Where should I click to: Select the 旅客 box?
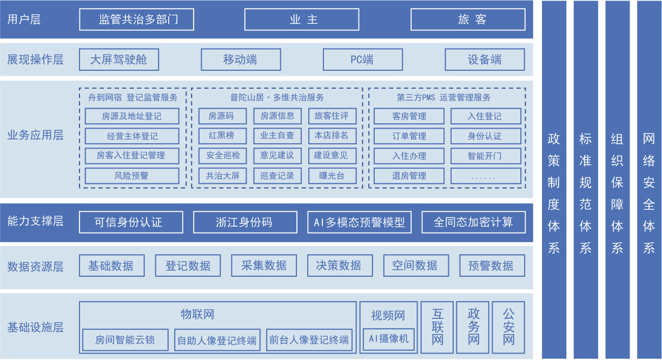(468, 19)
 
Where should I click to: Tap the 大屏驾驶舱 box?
(119, 59)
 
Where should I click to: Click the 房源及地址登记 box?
(131, 116)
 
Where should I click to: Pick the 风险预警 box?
(131, 176)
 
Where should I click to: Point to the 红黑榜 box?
(220, 136)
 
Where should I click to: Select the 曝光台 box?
(331, 176)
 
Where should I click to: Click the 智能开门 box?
(485, 156)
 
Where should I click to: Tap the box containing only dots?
(485, 176)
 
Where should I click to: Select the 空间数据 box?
(415, 265)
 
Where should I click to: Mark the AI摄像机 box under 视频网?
(388, 339)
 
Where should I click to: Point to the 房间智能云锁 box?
(125, 340)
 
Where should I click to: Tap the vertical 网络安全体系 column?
(649, 180)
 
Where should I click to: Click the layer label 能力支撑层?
(36, 221)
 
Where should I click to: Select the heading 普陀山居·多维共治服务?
(277, 98)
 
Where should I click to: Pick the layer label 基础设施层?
(36, 327)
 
